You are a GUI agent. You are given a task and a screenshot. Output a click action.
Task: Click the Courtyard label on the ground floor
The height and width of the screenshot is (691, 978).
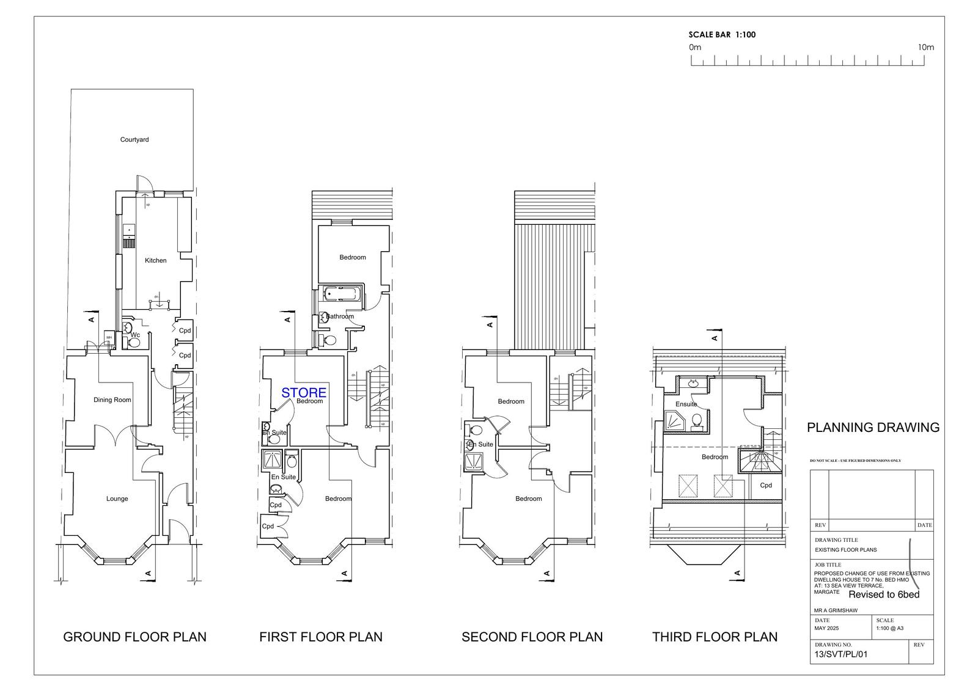click(134, 140)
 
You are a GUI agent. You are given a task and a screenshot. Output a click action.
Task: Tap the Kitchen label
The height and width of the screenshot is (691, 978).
click(155, 261)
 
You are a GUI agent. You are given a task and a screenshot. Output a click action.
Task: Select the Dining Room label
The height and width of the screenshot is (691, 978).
click(112, 400)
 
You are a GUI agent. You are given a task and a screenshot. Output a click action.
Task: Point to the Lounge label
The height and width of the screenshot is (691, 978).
click(117, 499)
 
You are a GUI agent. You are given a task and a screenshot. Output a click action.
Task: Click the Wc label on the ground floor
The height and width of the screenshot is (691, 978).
click(136, 335)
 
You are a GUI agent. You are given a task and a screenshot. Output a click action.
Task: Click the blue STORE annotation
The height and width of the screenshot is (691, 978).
click(304, 393)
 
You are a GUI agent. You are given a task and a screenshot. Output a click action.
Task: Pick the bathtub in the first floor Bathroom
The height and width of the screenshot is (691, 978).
click(342, 294)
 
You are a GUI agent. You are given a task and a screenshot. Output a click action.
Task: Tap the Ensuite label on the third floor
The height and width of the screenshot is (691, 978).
click(686, 404)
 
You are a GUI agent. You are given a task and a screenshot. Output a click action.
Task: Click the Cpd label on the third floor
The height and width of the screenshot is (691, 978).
click(766, 486)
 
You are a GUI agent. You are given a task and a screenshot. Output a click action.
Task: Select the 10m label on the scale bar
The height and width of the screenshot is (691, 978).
click(925, 48)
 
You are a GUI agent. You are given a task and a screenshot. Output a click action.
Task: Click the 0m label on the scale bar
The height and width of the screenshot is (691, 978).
click(695, 48)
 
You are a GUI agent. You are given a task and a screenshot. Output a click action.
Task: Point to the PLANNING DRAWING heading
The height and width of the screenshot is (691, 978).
click(873, 428)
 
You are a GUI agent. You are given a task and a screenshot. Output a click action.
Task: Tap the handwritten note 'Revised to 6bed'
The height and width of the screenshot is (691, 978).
click(884, 594)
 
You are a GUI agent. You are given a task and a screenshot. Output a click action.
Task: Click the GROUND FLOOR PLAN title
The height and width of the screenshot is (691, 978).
click(135, 637)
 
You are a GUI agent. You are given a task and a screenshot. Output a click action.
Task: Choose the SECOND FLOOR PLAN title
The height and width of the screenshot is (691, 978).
click(532, 637)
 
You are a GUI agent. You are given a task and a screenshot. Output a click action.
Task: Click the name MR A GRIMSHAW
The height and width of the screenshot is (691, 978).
click(836, 610)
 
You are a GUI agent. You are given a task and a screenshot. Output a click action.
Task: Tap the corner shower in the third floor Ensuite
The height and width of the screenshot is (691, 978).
click(675, 421)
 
